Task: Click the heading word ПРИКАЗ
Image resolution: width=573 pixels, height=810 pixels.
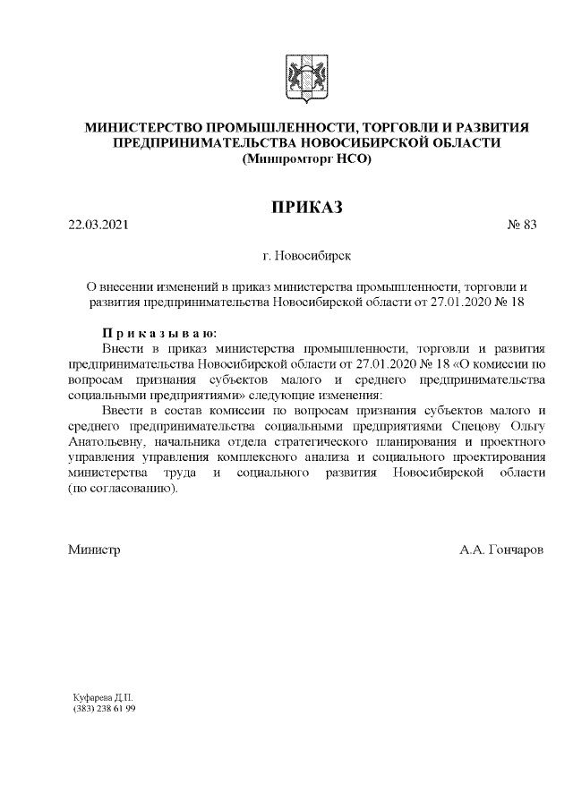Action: (307, 208)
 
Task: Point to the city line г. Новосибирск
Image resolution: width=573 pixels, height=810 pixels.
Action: (307, 255)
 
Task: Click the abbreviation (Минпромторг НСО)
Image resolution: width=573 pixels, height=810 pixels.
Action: (306, 158)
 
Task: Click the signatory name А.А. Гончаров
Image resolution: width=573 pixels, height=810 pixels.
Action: (500, 548)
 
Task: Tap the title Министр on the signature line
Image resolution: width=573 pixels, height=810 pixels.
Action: (95, 548)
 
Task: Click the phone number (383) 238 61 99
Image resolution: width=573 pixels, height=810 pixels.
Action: (105, 707)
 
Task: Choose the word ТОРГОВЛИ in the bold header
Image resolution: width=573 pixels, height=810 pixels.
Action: (402, 128)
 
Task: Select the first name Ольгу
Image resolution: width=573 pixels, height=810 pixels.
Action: (527, 426)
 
